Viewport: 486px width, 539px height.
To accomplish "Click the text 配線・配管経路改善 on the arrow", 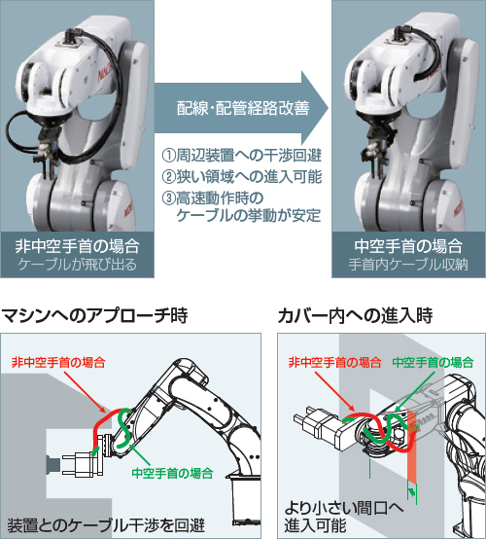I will tap(242, 108).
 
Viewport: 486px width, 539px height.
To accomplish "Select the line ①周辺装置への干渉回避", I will tap(241, 156).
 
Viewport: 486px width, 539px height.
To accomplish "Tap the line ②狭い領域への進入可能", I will tap(241, 177).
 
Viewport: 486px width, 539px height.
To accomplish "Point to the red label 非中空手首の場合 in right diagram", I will tap(334, 362).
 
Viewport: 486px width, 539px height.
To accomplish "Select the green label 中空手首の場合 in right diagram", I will tap(434, 362).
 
